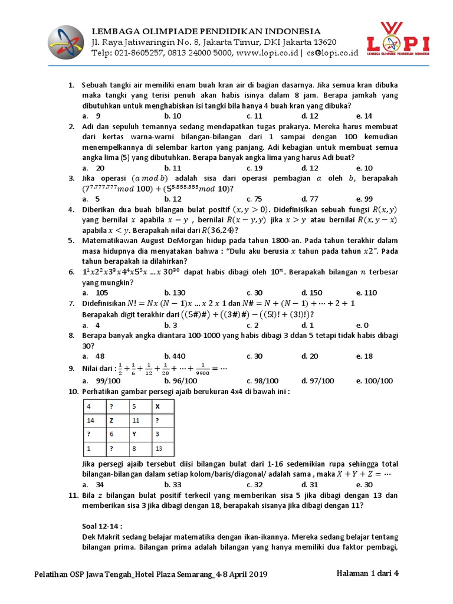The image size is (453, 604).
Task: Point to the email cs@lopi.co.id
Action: (x=332, y=53)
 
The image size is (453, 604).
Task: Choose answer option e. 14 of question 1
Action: (x=364, y=116)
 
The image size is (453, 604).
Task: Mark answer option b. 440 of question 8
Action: (x=175, y=356)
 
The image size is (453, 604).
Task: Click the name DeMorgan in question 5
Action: (x=180, y=241)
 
